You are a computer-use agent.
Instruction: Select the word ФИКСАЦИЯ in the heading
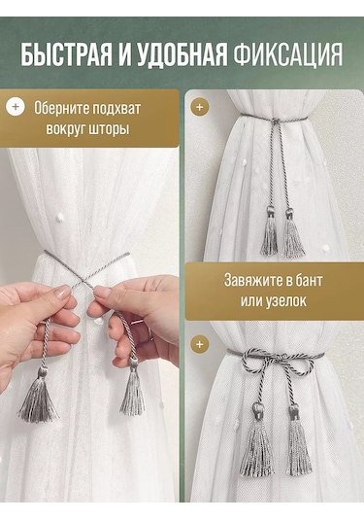(286, 53)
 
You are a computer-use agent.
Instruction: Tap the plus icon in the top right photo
(200, 107)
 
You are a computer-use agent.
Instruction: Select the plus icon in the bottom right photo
(200, 344)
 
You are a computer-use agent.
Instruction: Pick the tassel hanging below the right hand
(131, 388)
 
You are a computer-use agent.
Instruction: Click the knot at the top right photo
(276, 122)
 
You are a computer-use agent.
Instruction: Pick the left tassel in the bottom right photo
(258, 445)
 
